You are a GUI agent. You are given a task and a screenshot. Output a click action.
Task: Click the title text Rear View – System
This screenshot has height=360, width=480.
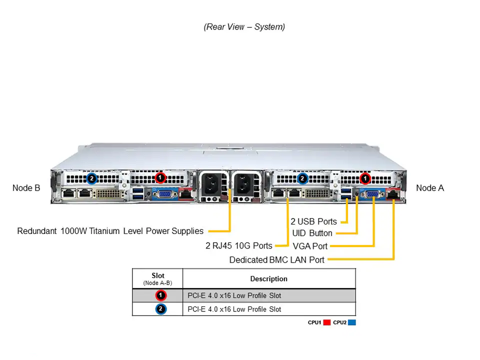coord(244,27)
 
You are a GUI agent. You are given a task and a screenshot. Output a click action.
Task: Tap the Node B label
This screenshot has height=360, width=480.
coord(26,188)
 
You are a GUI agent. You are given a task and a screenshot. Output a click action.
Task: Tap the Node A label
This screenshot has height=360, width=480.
coord(429,188)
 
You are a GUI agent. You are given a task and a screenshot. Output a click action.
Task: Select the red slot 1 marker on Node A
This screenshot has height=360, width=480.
coord(365,178)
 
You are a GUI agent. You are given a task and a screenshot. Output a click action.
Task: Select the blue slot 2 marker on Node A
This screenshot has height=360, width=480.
coord(302,178)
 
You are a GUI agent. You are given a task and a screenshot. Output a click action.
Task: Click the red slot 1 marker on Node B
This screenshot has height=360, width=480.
coord(160,177)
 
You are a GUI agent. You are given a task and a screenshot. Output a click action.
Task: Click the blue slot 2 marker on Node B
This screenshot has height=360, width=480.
coord(91,178)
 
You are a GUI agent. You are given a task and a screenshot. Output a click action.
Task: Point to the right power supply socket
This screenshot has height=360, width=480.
coord(245,186)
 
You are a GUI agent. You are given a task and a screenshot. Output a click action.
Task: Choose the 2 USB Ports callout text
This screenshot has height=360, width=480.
coord(313,221)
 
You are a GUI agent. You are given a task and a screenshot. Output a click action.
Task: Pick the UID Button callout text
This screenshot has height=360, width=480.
coord(312,233)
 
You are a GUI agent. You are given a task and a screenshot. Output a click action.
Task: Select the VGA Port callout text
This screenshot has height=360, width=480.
coord(310,246)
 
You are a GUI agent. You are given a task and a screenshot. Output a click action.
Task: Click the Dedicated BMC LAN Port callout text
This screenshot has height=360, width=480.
coord(276,259)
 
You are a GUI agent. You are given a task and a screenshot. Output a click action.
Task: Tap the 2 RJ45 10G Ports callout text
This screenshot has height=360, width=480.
coord(238,245)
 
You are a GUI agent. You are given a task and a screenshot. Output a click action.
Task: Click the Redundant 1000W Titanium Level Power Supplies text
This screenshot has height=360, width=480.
coord(110,231)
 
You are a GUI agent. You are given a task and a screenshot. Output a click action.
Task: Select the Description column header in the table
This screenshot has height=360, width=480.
coord(268,278)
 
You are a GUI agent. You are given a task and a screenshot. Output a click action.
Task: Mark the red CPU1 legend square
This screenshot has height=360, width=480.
coord(327,323)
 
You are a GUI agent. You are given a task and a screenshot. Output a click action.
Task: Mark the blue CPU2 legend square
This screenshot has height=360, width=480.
coord(351,323)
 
